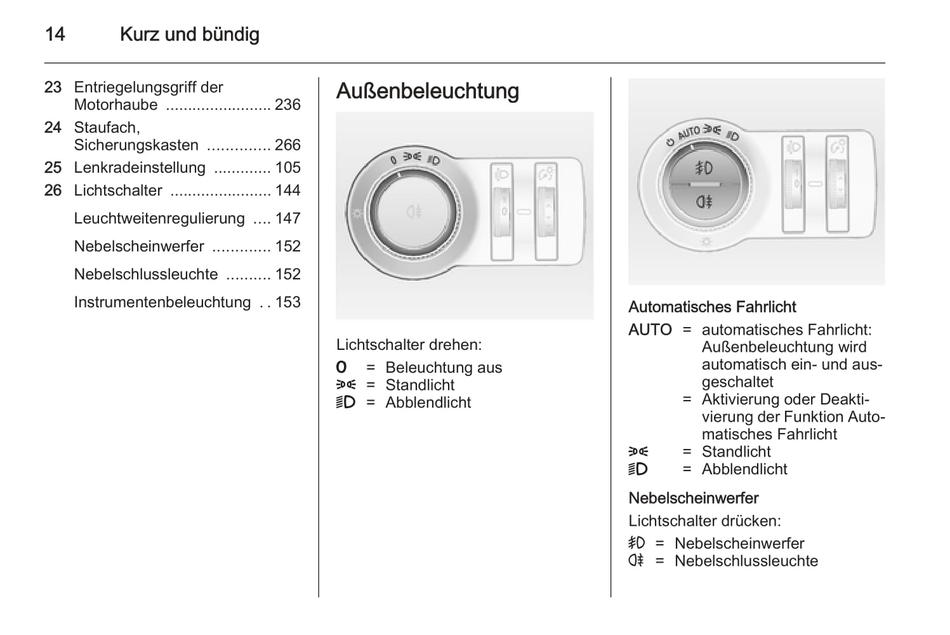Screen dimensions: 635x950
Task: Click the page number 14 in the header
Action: (x=55, y=34)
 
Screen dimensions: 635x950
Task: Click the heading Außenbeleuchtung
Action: (x=427, y=91)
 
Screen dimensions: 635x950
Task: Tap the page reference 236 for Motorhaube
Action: (x=287, y=105)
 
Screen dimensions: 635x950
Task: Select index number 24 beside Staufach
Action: (x=53, y=128)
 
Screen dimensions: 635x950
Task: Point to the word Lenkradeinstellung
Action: (x=140, y=168)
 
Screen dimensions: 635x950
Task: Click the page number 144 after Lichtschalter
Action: (x=287, y=190)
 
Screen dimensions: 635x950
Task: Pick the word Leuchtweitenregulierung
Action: (x=159, y=218)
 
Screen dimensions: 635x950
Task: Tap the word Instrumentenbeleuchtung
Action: (x=162, y=302)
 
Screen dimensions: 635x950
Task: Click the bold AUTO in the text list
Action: (x=650, y=330)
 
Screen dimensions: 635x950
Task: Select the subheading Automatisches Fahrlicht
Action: (x=712, y=307)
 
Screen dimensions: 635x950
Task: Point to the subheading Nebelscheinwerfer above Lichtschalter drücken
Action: (x=694, y=498)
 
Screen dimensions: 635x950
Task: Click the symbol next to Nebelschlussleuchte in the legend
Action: (x=636, y=561)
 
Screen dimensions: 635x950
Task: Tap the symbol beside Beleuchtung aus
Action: (x=341, y=368)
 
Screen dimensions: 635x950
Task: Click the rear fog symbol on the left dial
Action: (x=414, y=211)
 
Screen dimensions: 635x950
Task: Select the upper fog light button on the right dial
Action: (x=704, y=168)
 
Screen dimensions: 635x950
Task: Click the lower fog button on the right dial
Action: (x=704, y=202)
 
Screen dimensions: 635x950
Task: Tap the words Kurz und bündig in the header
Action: (x=190, y=34)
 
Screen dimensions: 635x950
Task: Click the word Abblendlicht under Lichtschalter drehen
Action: (x=428, y=403)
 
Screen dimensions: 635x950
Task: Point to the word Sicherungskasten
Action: (x=136, y=145)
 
